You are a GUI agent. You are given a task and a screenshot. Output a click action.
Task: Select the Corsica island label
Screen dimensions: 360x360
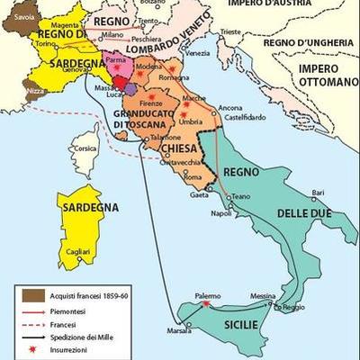point(85,148)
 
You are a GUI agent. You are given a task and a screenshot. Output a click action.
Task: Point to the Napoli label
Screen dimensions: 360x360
point(221,213)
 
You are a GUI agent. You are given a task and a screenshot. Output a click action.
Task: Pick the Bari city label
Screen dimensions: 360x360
point(316,192)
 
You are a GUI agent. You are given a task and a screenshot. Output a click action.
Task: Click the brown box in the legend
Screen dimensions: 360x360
point(34,293)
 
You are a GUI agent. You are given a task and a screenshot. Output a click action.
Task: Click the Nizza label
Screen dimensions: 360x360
point(34,91)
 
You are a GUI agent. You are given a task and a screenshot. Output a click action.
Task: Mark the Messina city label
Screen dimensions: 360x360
point(264,296)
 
